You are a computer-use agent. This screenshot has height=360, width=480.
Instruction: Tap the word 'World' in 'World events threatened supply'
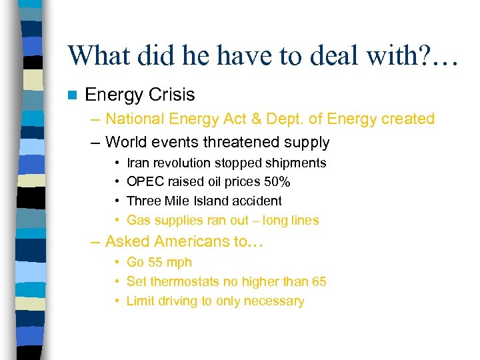point(127,142)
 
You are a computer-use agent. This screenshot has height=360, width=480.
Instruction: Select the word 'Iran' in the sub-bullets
point(138,163)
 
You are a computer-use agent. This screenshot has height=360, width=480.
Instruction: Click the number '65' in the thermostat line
point(319,281)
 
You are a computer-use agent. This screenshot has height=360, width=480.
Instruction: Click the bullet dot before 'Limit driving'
point(117,301)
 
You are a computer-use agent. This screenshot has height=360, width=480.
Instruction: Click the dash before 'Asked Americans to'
point(97,242)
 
